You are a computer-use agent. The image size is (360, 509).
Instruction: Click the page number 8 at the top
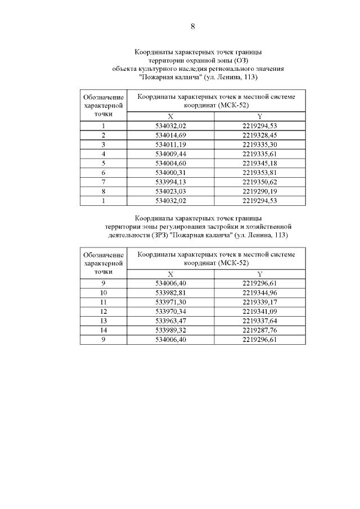pos(193,26)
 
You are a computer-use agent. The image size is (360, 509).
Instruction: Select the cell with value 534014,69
pos(171,136)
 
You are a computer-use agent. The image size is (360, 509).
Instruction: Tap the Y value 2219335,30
pos(260,145)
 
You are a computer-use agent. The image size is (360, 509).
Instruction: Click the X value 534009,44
pos(171,154)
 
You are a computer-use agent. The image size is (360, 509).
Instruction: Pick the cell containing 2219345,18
pos(260,163)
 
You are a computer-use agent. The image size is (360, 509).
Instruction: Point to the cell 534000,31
pos(171,172)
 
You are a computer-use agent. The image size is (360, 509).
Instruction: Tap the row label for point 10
pos(103,293)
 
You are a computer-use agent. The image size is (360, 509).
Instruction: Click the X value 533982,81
pos(171,293)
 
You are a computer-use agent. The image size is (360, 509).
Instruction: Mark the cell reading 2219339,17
pos(260,302)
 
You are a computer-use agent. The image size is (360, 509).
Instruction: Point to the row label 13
pos(103,320)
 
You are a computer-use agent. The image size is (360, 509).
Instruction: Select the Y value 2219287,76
pos(260,329)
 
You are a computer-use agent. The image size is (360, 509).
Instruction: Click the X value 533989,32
pos(171,329)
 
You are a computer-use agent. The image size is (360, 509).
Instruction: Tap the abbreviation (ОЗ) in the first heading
pos(240,60)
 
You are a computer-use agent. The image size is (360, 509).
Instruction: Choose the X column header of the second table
pos(171,274)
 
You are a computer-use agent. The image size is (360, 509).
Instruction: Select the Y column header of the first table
pos(260,116)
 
